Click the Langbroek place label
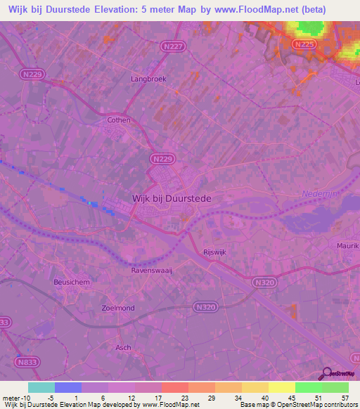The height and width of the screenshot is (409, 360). (148, 79)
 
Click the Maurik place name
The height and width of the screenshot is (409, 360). (347, 246)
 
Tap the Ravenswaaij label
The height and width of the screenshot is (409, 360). (152, 270)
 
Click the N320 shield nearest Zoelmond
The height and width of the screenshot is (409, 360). (205, 307)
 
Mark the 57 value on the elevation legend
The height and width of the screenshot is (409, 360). (345, 397)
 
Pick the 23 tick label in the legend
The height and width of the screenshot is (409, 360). (185, 397)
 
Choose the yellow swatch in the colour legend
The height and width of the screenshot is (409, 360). (281, 387)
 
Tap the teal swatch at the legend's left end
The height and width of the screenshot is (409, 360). (41, 387)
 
